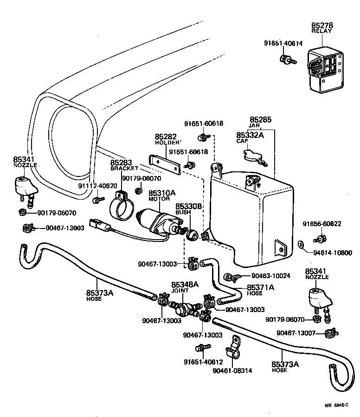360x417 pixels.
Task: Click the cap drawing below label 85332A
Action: click(255, 155)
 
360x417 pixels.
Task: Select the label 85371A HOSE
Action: click(260, 290)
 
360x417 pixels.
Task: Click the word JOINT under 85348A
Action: click(180, 290)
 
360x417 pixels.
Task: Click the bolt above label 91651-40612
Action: click(201, 348)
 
